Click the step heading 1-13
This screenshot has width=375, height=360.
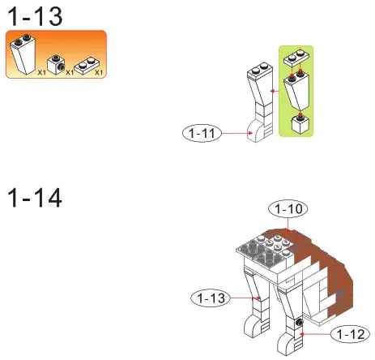coord(35,15)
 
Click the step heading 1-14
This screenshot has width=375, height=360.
coord(35,196)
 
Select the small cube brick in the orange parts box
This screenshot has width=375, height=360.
coord(57,63)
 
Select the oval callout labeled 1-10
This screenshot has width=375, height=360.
coord(288,210)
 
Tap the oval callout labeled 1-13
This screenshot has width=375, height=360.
coord(212,298)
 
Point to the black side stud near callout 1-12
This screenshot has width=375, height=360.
coord(300,324)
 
